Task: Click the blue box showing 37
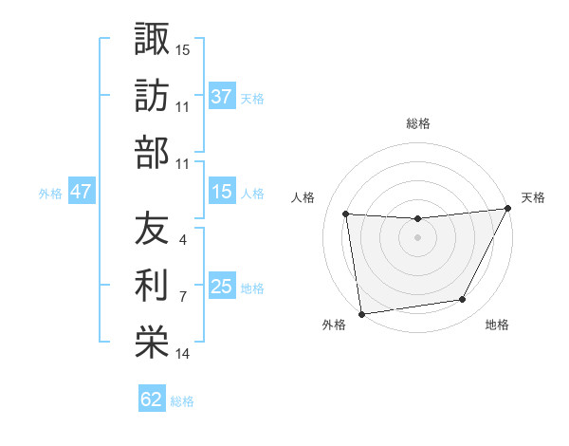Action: (x=221, y=96)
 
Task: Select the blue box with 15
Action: (x=221, y=192)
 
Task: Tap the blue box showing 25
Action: (x=221, y=287)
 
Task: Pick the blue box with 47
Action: (x=81, y=192)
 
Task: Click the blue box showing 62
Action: (x=152, y=400)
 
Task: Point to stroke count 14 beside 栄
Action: (x=183, y=354)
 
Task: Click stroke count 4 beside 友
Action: (x=182, y=240)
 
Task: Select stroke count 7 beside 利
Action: (x=182, y=297)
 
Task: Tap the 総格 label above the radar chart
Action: (x=417, y=123)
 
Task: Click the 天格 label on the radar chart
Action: (x=533, y=197)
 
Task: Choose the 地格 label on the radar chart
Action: (x=497, y=325)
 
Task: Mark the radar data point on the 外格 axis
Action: (x=361, y=313)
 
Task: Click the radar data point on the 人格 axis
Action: (x=346, y=214)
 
